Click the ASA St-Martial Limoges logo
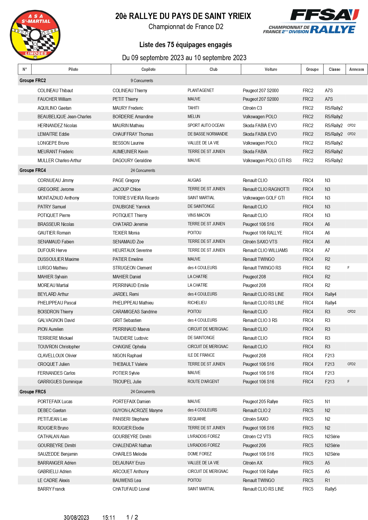point(35,35)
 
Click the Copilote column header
point(148,69)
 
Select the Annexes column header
point(356,69)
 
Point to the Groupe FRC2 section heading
point(33,81)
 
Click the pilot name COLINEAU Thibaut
point(55,91)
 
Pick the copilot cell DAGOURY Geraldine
point(132,161)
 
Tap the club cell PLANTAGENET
point(200,90)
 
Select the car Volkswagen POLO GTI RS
point(267,161)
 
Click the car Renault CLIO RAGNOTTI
point(266,189)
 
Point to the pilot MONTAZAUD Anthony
point(58,198)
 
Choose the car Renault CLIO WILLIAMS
point(265,251)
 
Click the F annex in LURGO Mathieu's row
point(348,268)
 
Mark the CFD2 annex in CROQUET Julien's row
point(351,364)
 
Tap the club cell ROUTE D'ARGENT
point(203,382)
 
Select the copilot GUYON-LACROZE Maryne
point(138,411)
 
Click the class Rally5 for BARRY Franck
point(331,489)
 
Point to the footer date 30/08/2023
point(76,518)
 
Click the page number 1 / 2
point(132,517)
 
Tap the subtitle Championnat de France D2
point(186,27)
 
